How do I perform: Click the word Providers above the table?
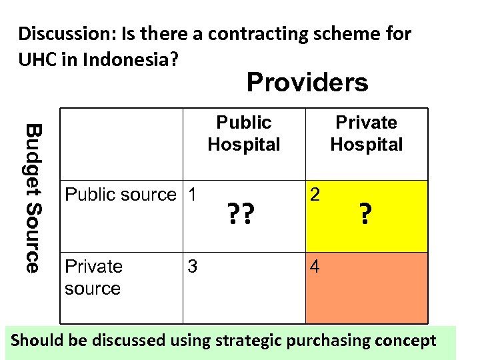[307, 83]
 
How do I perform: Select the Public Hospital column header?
[244, 133]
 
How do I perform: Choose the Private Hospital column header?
[366, 133]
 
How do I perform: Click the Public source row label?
[120, 195]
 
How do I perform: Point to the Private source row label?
[93, 277]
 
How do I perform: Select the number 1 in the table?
[192, 195]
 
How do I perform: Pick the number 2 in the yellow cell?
[315, 195]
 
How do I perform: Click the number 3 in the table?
[192, 267]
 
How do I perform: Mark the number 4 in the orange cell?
[315, 267]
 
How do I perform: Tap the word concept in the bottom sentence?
[409, 341]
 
